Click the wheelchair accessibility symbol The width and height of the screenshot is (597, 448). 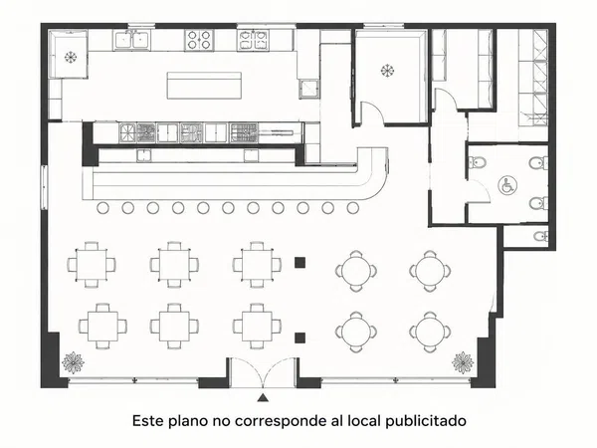pyautogui.click(x=507, y=185)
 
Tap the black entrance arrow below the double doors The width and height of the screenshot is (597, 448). pyautogui.click(x=263, y=397)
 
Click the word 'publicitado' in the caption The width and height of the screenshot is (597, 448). pyautogui.click(x=426, y=421)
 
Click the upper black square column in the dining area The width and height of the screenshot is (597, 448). pyautogui.click(x=300, y=262)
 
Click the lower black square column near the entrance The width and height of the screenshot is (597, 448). pyautogui.click(x=300, y=337)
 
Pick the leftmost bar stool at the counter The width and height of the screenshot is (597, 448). pyautogui.click(x=102, y=208)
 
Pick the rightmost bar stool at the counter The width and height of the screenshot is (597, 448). pyautogui.click(x=353, y=208)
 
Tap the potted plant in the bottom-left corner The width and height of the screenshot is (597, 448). pyautogui.click(x=73, y=362)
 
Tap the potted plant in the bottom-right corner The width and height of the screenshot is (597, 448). pyautogui.click(x=463, y=362)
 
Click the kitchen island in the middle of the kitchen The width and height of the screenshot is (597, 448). pyautogui.click(x=204, y=86)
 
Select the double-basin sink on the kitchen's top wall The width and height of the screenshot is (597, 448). pyautogui.click(x=131, y=39)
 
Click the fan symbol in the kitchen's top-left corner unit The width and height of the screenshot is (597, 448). pyautogui.click(x=71, y=57)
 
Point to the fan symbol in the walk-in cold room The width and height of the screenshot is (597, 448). pyautogui.click(x=387, y=71)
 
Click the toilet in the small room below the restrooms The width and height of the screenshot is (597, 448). pyautogui.click(x=541, y=236)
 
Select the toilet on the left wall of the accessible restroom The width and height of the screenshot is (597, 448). pyautogui.click(x=477, y=162)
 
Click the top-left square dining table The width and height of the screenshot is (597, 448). pyautogui.click(x=92, y=265)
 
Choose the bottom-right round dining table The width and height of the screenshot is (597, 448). pyautogui.click(x=430, y=332)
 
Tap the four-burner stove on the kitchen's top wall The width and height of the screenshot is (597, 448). pyautogui.click(x=200, y=40)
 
